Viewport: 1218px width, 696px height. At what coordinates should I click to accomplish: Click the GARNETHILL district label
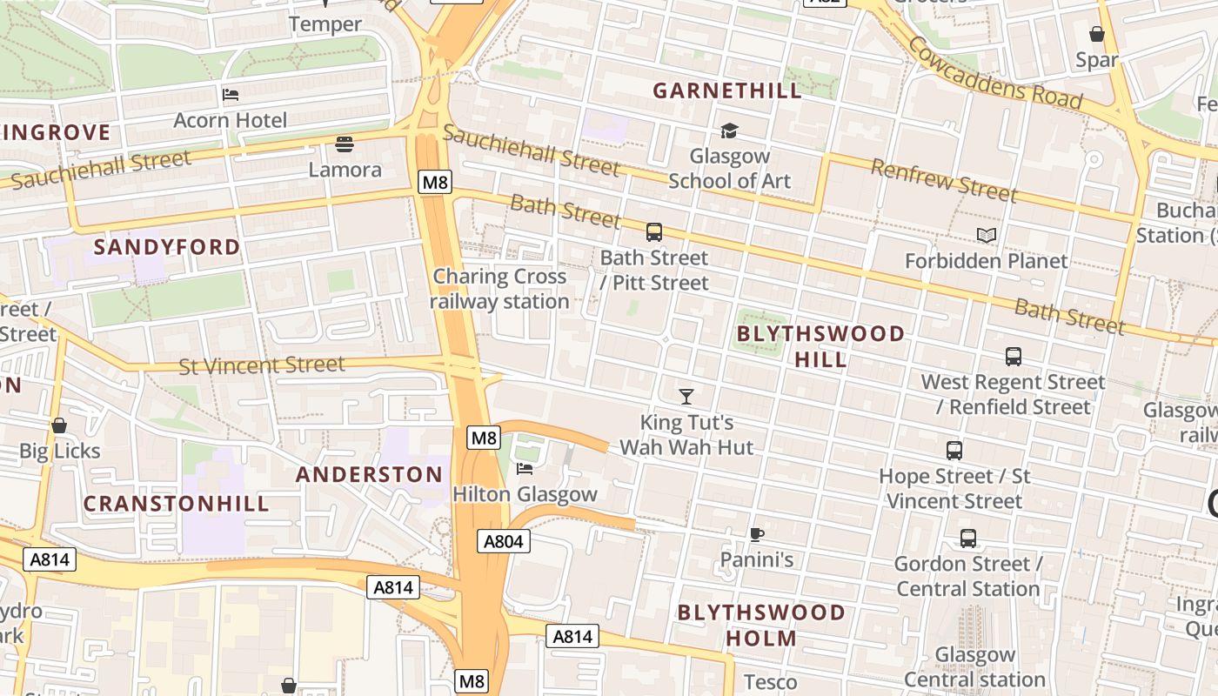(727, 91)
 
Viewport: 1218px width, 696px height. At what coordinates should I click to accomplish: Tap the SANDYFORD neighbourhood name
(166, 247)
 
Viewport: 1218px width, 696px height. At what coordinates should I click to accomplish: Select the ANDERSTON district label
(369, 474)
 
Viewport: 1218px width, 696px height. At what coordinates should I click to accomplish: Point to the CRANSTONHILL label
(176, 504)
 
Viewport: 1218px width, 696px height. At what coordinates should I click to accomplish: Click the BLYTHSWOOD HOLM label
(761, 625)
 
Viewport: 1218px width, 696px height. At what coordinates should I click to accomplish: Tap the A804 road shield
(504, 542)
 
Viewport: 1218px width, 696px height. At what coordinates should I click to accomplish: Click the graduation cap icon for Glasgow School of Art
(729, 131)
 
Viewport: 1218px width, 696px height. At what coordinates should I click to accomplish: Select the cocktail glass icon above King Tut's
(686, 397)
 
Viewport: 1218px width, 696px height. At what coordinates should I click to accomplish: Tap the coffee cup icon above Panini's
(757, 534)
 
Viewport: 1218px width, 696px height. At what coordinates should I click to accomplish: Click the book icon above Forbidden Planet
(986, 236)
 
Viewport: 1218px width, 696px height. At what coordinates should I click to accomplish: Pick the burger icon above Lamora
(345, 144)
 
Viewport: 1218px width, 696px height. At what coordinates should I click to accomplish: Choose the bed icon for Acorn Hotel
(231, 94)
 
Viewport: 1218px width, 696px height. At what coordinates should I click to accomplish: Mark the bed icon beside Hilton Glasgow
(525, 469)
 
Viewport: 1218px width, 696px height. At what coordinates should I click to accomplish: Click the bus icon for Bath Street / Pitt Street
(653, 232)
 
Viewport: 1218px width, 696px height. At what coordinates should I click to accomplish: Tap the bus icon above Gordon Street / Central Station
(967, 539)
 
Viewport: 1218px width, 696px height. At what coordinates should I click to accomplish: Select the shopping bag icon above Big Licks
(59, 425)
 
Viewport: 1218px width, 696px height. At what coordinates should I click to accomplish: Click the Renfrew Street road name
(943, 180)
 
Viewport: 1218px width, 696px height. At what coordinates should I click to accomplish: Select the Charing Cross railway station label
(499, 289)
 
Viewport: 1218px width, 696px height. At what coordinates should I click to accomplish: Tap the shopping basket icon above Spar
(1096, 35)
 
